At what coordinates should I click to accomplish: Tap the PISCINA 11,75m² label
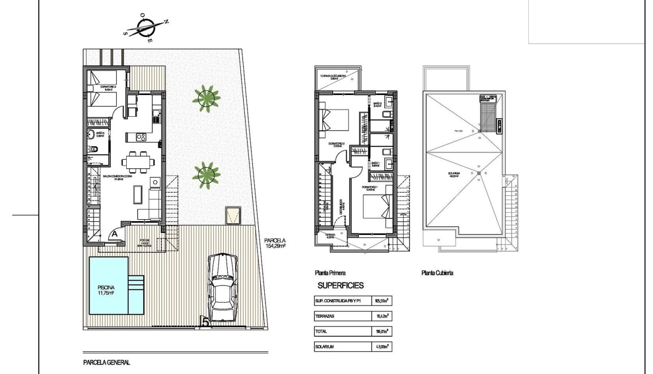click(105, 289)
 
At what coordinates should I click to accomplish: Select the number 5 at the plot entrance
click(205, 322)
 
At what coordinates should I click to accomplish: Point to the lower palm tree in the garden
click(206, 174)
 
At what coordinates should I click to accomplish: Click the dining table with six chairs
click(138, 161)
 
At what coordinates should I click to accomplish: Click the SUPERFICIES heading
click(341, 285)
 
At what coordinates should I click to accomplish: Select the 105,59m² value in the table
click(380, 300)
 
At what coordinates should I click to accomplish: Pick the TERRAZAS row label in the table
click(324, 316)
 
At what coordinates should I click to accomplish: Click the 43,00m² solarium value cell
click(380, 347)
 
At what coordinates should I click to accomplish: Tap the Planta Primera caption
click(330, 273)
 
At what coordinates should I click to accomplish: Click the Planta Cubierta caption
click(437, 273)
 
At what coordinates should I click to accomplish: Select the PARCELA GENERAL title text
click(106, 363)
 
